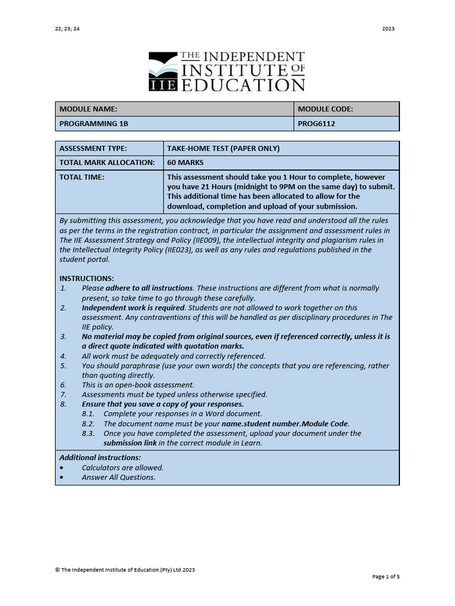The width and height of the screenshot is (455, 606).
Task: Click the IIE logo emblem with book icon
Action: click(x=162, y=71)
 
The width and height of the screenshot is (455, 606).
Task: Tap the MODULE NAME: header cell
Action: click(x=88, y=109)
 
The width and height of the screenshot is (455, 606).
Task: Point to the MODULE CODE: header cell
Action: click(x=325, y=109)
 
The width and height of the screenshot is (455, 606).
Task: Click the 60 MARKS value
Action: click(x=185, y=162)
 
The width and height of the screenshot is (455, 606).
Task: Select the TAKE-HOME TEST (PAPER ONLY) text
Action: click(x=223, y=148)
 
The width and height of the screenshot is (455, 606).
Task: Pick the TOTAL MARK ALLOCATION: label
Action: click(x=107, y=162)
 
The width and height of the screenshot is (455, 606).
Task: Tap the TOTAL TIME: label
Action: click(x=82, y=177)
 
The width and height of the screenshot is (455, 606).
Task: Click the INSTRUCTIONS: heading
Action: click(x=86, y=278)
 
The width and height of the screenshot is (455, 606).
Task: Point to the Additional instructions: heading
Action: click(x=100, y=457)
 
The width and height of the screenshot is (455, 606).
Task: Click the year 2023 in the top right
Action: click(x=388, y=28)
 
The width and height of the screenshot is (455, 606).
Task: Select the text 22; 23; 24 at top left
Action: click(x=67, y=28)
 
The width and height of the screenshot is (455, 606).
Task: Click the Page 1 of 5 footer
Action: click(x=386, y=576)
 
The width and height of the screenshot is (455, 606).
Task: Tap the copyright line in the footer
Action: click(x=125, y=569)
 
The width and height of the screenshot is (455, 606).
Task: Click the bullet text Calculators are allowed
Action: click(x=123, y=468)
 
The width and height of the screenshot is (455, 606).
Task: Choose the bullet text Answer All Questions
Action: click(x=118, y=477)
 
